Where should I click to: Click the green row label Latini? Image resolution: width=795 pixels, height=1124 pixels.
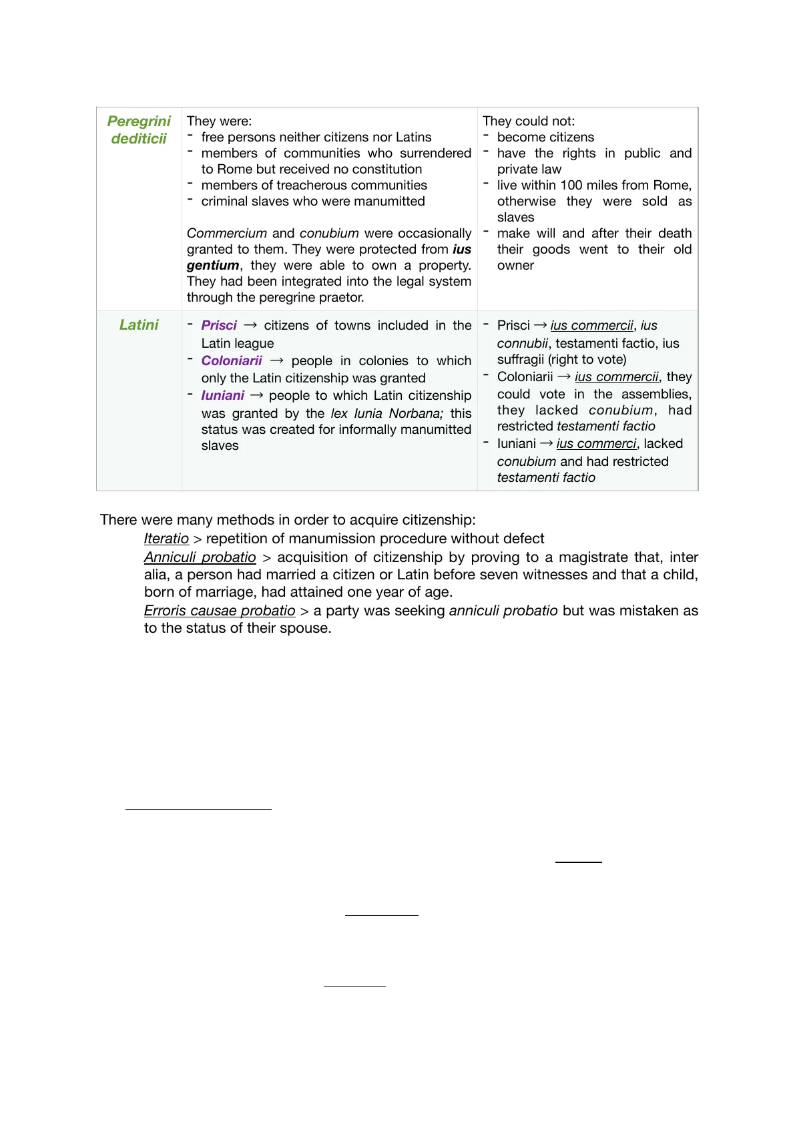tap(139, 325)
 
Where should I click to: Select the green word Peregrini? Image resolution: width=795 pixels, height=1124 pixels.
tap(139, 121)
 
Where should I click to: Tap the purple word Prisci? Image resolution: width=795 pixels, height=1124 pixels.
tap(219, 326)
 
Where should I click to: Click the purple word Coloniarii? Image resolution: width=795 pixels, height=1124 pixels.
tap(232, 361)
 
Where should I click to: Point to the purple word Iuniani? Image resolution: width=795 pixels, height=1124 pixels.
tap(222, 396)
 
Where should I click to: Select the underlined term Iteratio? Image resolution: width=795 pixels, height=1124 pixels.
tap(166, 539)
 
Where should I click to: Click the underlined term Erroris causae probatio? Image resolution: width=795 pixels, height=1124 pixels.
tap(220, 611)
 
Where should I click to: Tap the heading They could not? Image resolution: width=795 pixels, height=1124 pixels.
tap(529, 121)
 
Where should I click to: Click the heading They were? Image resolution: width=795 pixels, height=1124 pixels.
tap(219, 121)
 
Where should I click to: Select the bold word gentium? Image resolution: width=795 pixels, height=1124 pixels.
tap(213, 266)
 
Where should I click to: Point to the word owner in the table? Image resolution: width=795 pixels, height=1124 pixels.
tap(515, 266)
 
